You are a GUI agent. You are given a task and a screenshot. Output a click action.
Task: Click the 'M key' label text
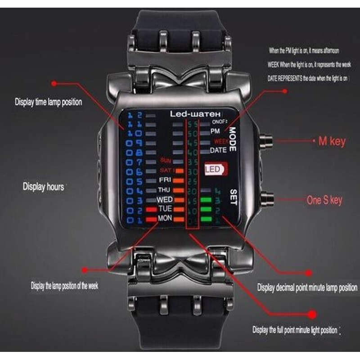coord(332,141)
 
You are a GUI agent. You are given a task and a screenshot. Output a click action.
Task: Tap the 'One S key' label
coord(324,200)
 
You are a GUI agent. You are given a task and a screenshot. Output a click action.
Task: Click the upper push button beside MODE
coord(266,141)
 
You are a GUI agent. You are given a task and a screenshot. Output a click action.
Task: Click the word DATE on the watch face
coord(218,150)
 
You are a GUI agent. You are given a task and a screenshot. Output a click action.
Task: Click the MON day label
coord(165,218)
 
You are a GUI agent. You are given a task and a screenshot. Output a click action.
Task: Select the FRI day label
coord(165,180)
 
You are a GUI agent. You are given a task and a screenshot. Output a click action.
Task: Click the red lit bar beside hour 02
coord(151,210)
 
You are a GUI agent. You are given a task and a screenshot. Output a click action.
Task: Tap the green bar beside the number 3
coord(207,200)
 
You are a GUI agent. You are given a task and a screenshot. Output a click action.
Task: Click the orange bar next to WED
coord(179,199)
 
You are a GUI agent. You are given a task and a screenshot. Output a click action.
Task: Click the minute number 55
coord(193,124)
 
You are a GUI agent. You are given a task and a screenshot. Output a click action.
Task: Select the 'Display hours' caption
coord(44,186)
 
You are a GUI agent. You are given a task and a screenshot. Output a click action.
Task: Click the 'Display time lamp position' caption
coord(48,102)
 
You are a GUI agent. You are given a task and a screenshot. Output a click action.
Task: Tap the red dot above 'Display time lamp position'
coord(54,83)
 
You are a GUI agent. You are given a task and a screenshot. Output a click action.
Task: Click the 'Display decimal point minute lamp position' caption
coord(307,288)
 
